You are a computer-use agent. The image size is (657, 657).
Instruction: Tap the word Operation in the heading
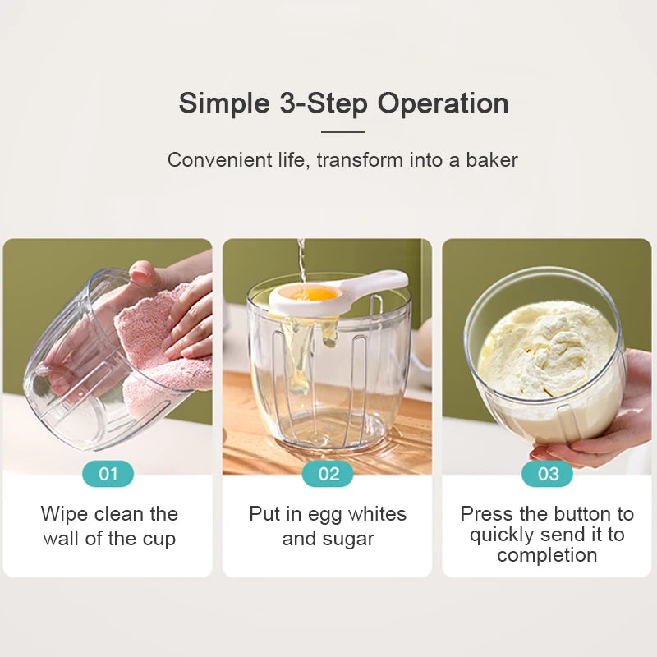tap(443, 104)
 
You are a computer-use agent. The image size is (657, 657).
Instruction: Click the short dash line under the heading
tap(342, 131)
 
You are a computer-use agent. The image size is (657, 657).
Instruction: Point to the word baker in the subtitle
tap(492, 160)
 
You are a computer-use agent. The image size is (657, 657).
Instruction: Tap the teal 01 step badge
tap(108, 474)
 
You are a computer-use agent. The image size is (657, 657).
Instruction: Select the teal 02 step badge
tap(328, 474)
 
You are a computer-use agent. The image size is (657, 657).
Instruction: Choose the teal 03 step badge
tap(548, 474)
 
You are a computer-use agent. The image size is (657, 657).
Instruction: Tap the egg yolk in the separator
tap(316, 293)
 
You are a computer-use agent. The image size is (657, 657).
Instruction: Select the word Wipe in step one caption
tap(65, 514)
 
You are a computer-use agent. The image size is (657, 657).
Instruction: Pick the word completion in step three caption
tap(547, 555)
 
